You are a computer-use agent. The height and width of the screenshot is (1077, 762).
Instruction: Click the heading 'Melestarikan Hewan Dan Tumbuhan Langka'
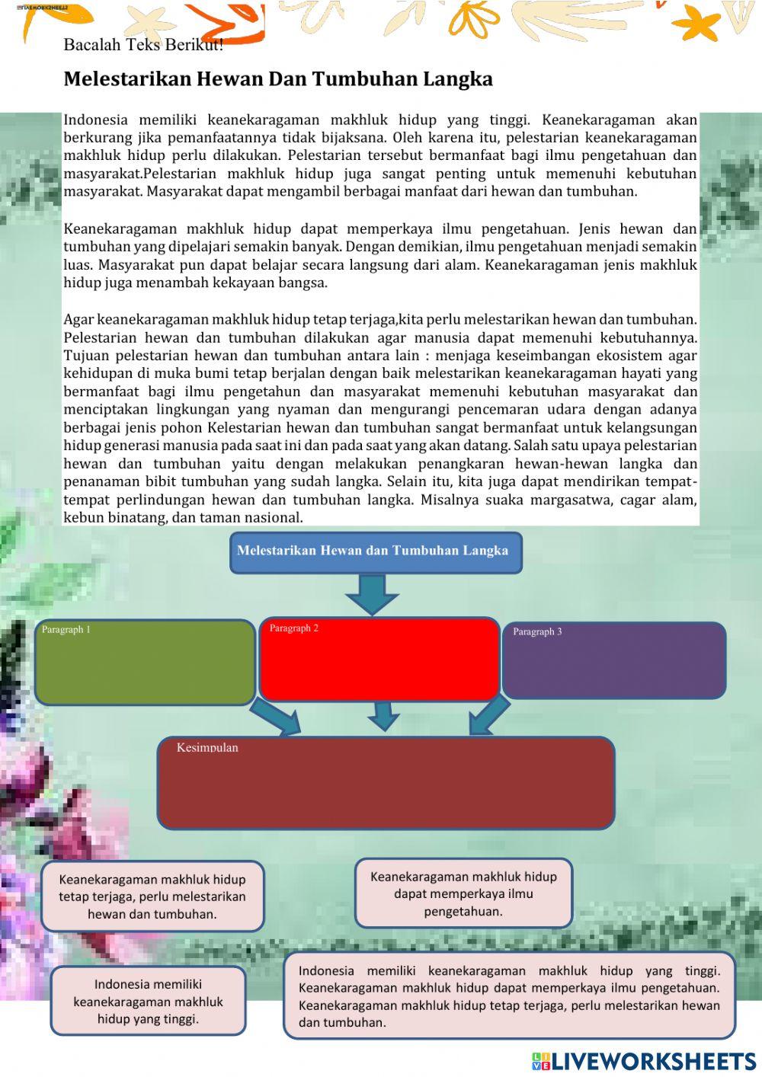coord(278,79)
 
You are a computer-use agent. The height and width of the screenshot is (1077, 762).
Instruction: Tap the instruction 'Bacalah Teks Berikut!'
coord(143,45)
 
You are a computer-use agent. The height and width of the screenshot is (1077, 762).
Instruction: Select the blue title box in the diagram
coord(376,552)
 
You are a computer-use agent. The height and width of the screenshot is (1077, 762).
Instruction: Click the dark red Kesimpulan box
coord(386,783)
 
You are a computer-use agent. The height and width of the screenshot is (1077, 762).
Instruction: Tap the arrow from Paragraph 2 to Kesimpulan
coord(383,716)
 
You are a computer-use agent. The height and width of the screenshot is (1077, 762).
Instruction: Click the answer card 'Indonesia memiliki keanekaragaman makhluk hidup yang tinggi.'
coord(149,1002)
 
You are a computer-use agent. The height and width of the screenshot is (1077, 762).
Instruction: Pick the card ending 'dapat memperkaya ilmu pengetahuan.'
coord(463,893)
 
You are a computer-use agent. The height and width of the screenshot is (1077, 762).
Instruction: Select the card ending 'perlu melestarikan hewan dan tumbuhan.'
coord(152,896)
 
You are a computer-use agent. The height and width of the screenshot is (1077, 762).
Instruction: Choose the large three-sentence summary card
coord(509,996)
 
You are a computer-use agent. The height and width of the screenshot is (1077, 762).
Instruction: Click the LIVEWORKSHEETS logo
coord(644,1061)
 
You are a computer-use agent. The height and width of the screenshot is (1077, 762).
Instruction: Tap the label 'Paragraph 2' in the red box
coord(294,628)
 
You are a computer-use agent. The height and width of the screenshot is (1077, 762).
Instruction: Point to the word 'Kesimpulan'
coord(207,748)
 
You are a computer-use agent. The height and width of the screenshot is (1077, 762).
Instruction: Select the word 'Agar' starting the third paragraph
coord(78,319)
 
